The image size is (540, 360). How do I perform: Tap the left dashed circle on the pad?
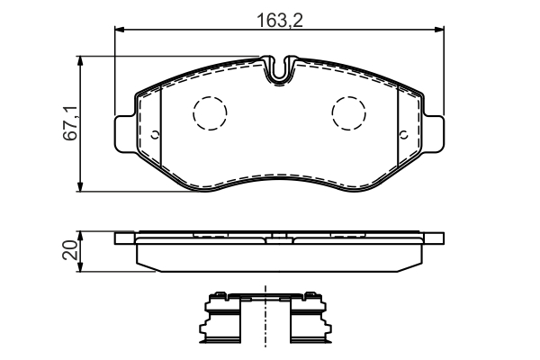click(x=211, y=112)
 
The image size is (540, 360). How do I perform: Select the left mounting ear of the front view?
click(x=125, y=132)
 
